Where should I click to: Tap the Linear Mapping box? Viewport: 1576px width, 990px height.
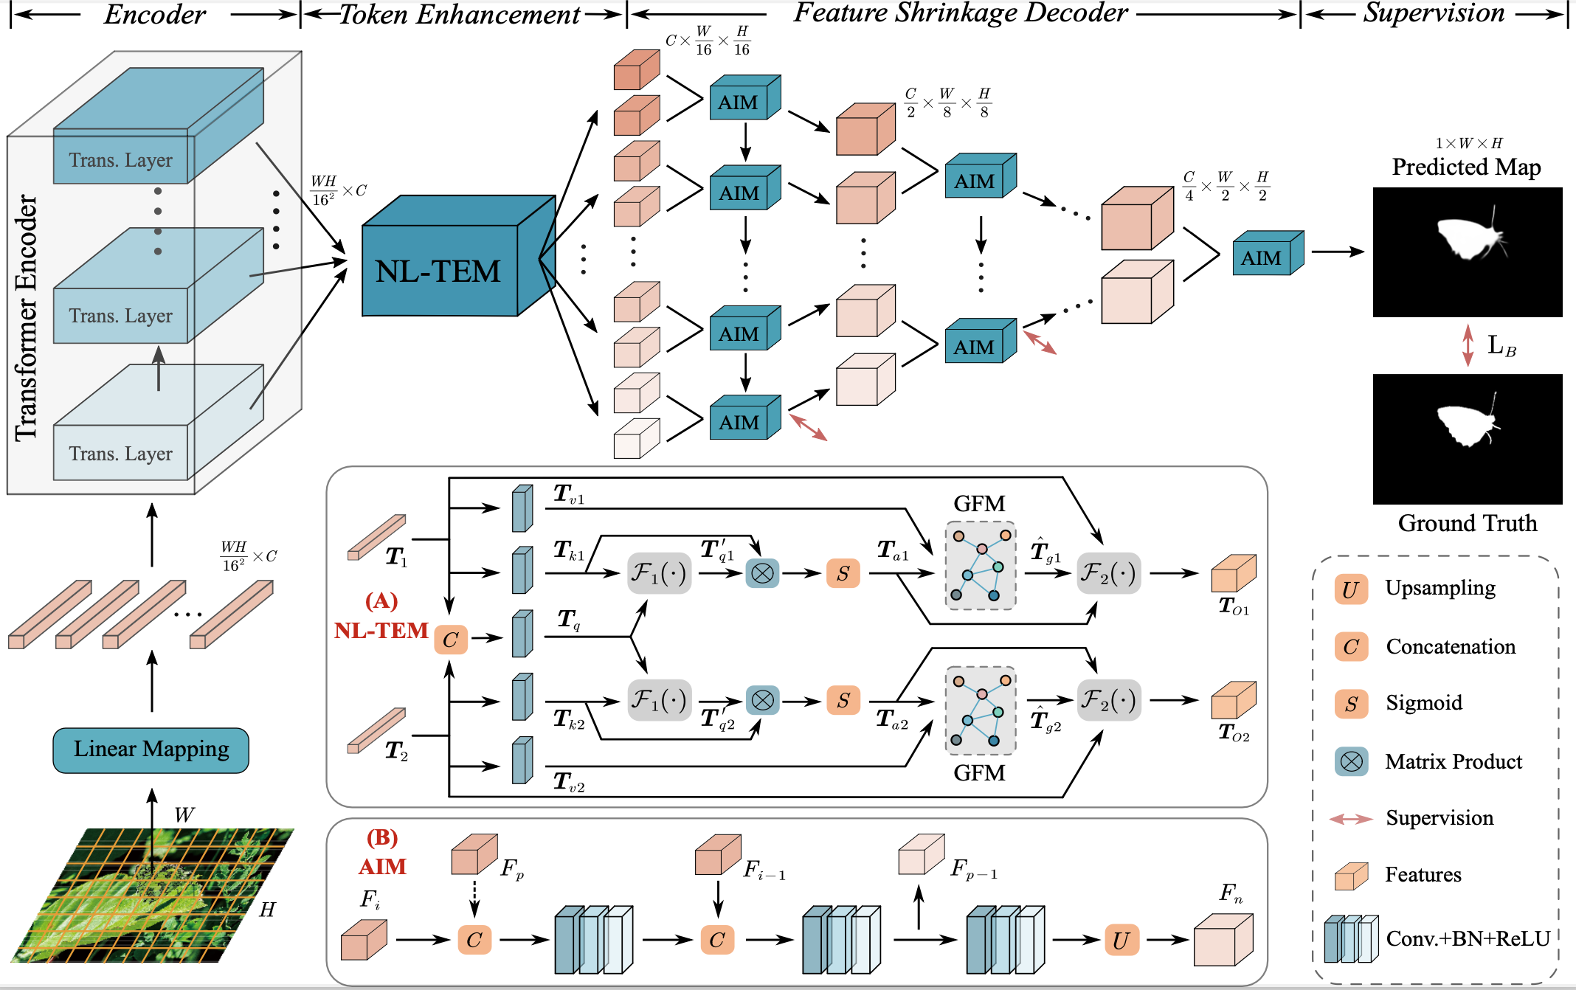(151, 750)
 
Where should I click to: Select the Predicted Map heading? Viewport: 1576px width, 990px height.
(1466, 167)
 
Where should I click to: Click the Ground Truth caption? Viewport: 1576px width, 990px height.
(1468, 523)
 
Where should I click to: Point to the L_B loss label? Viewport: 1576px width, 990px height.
(1501, 345)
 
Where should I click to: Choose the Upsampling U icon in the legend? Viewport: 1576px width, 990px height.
(1350, 589)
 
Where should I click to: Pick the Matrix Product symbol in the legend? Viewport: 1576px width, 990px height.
(1351, 761)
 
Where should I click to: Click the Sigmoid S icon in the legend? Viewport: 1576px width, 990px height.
(1350, 704)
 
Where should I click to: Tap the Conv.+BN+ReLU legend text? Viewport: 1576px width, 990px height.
(1468, 938)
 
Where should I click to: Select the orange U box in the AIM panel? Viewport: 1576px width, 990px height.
(1121, 940)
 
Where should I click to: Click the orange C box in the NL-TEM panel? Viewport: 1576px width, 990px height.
(450, 640)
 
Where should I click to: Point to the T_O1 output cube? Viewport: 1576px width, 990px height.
(1234, 573)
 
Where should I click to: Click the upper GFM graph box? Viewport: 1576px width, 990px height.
(981, 566)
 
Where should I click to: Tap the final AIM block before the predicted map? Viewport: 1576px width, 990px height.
(1268, 253)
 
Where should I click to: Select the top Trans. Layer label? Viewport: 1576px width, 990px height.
(121, 160)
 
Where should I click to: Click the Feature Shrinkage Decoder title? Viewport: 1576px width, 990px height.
(961, 13)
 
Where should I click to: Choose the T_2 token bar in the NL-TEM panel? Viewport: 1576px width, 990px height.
(376, 730)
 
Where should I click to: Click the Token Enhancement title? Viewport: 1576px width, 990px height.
(460, 15)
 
